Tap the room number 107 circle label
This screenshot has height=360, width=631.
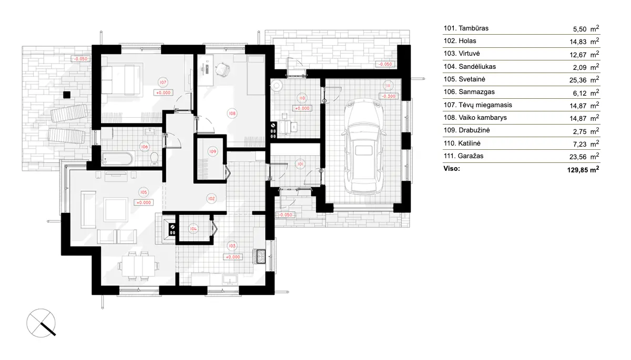pyautogui.click(x=163, y=82)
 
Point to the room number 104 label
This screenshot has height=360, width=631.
pyautogui.click(x=194, y=229)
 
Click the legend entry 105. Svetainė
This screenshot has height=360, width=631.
pyautogui.click(x=470, y=79)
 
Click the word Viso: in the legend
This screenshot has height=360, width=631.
pyautogui.click(x=452, y=169)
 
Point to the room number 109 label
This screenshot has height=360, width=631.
pyautogui.click(x=212, y=151)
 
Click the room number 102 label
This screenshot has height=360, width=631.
pyautogui.click(x=211, y=199)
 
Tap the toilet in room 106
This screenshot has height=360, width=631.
pyautogui.click(x=154, y=158)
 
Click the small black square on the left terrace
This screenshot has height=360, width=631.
pyautogui.click(x=66, y=95)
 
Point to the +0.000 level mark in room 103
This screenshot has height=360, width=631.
pyautogui.click(x=233, y=257)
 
